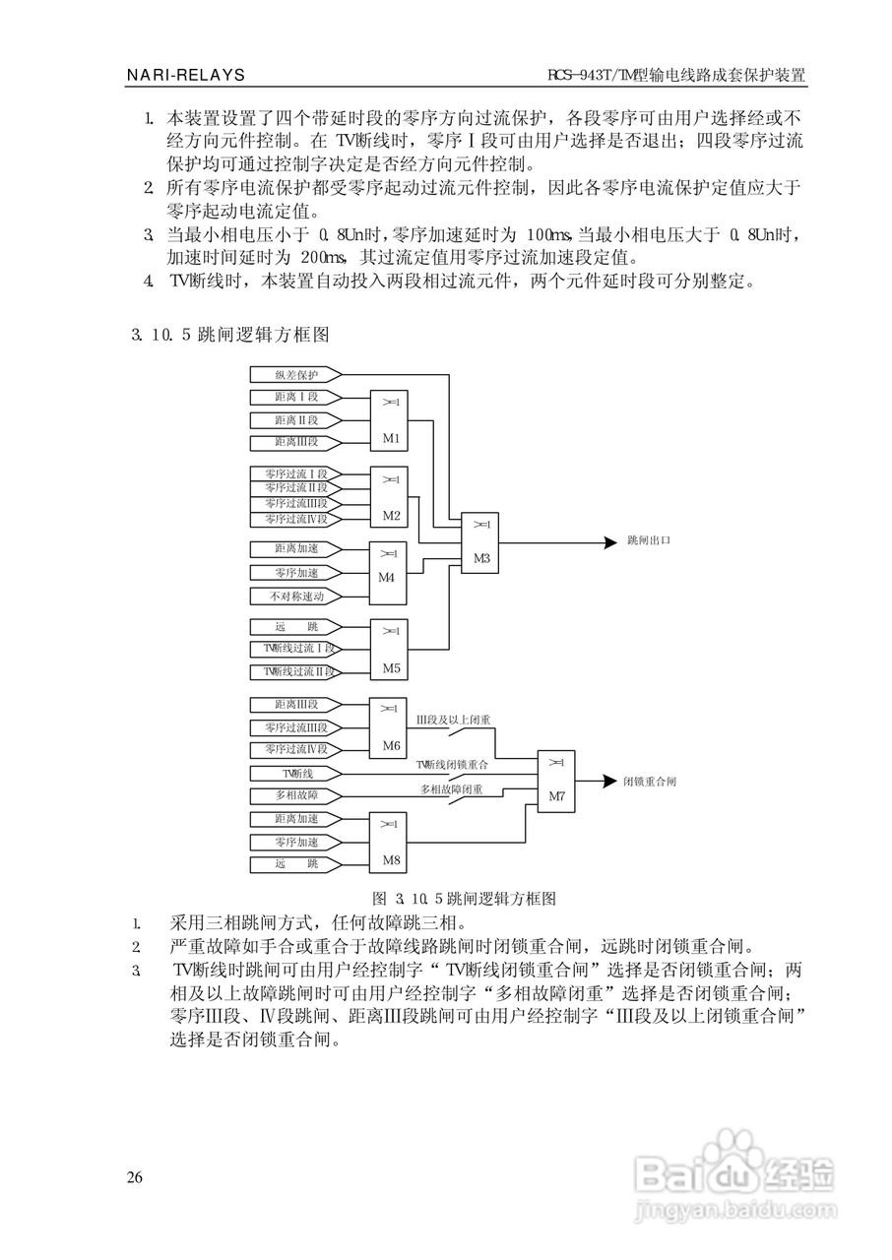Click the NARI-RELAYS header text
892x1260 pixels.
tap(186, 75)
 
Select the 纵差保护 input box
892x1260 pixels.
tap(295, 375)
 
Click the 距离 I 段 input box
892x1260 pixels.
tap(295, 397)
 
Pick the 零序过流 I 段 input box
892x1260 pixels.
tap(295, 473)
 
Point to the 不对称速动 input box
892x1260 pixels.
tap(295, 597)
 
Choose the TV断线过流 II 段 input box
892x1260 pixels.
tap(295, 671)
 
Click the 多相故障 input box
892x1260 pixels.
tap(295, 795)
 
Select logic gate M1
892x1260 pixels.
tap(389, 420)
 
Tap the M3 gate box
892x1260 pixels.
tap(479, 542)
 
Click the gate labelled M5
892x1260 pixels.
tap(389, 651)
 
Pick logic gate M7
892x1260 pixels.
tap(556, 782)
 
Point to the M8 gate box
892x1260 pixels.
tap(388, 843)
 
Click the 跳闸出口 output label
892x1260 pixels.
tap(649, 540)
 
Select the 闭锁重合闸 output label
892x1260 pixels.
tap(650, 782)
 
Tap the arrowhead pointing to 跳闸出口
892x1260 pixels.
tap(610, 542)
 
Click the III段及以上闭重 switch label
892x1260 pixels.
tap(453, 720)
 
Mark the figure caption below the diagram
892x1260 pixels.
tap(464, 899)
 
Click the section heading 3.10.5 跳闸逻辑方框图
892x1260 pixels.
tap(230, 335)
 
